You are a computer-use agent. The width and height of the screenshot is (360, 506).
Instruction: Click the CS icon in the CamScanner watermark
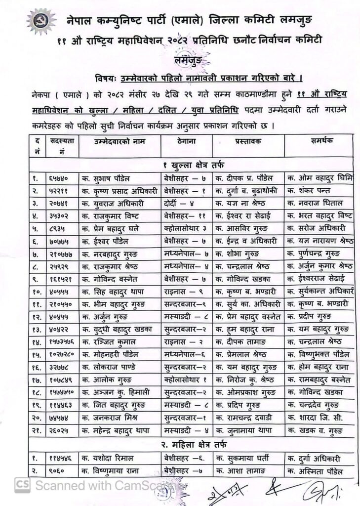(21, 485)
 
